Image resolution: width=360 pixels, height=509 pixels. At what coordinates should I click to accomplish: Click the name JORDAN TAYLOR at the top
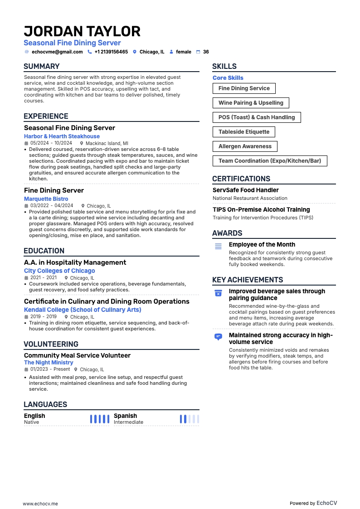82,31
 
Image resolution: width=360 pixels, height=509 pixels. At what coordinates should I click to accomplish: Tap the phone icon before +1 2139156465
89,52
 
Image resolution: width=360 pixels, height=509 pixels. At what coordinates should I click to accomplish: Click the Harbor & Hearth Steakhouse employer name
62,136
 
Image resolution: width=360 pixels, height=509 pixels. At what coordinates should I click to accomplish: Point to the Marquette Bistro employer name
46,199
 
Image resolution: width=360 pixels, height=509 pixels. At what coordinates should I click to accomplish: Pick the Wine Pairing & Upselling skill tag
251,103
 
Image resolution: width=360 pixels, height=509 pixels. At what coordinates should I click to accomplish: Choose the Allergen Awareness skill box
245,146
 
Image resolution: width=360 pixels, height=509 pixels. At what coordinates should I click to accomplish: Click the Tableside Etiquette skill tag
244,132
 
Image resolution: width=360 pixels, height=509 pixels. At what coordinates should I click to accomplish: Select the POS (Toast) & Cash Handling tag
257,117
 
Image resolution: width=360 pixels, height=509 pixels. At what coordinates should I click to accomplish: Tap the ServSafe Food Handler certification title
245,190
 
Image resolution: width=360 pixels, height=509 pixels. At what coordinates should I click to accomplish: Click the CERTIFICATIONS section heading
241,179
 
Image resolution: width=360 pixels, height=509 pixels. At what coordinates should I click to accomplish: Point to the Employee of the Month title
262,245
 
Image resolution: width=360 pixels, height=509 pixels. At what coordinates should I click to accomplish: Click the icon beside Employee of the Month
218,246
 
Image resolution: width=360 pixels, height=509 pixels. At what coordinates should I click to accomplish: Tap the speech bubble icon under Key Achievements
218,337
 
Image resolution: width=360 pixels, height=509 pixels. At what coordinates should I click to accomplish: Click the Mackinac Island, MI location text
107,143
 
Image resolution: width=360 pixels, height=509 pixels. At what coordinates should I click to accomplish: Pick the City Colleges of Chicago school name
59,271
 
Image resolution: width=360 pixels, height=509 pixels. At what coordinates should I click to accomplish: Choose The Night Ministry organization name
49,363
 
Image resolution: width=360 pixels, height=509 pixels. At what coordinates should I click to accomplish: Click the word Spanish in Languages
125,416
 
